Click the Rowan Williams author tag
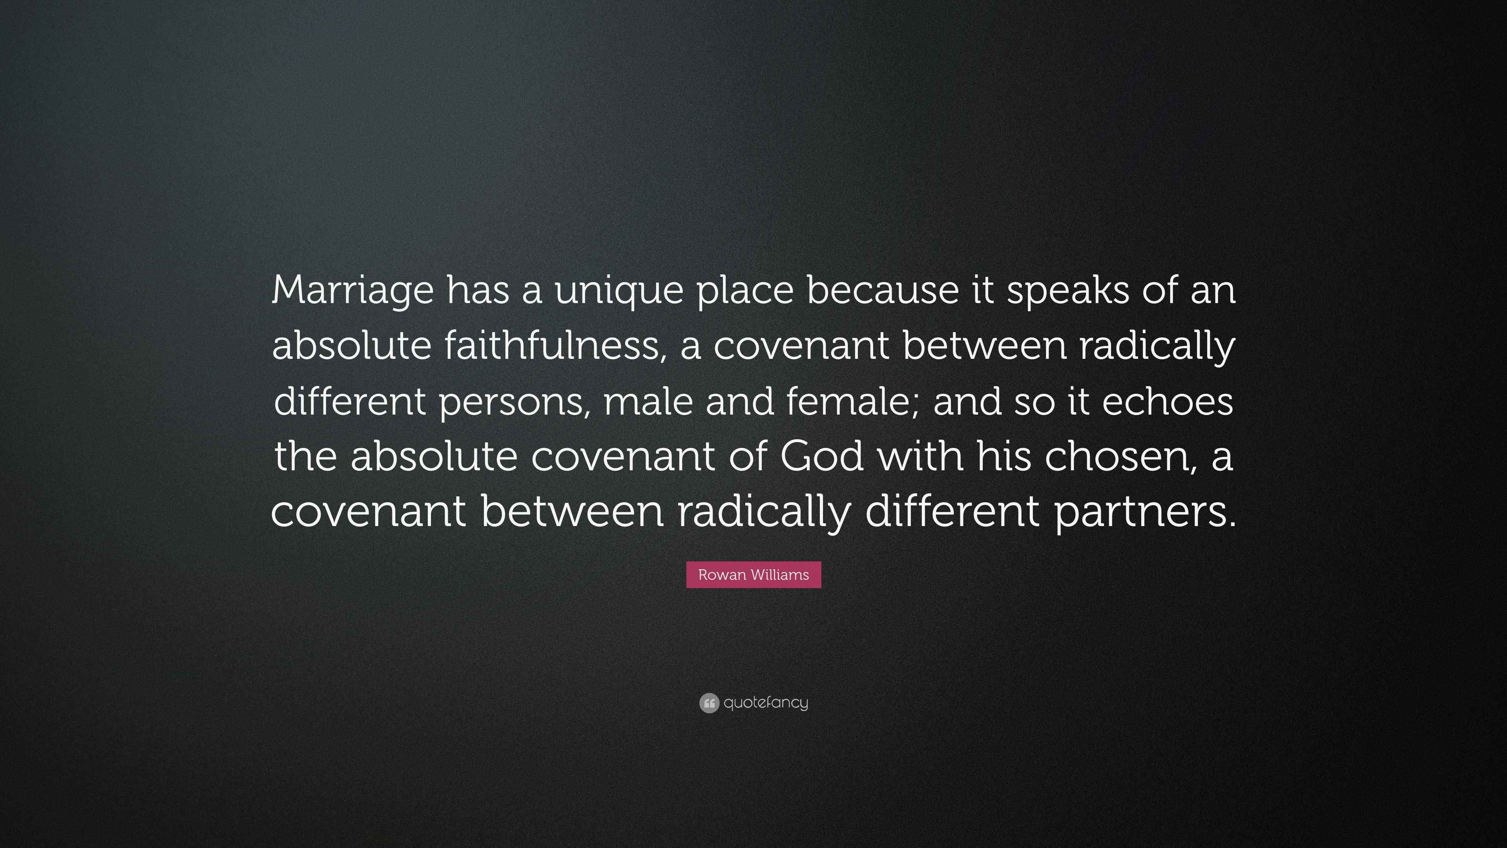pos(753,575)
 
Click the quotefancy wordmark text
pos(766,702)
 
